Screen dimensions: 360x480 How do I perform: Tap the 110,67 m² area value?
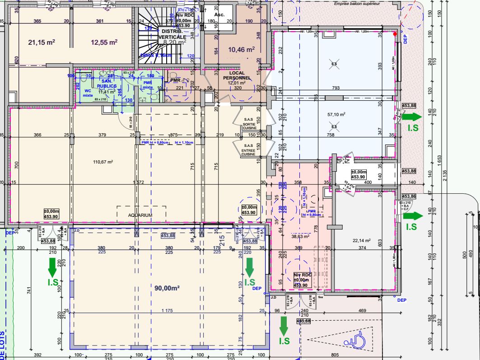tap(103, 162)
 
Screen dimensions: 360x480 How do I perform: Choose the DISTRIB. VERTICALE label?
tap(172, 34)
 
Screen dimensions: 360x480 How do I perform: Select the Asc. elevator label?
tap(219, 14)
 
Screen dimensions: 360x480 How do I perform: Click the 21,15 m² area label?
tap(42, 42)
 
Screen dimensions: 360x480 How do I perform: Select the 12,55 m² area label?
tap(104, 42)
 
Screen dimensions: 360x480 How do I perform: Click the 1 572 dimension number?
tap(138, 182)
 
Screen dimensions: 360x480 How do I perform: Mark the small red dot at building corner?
tap(395, 33)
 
